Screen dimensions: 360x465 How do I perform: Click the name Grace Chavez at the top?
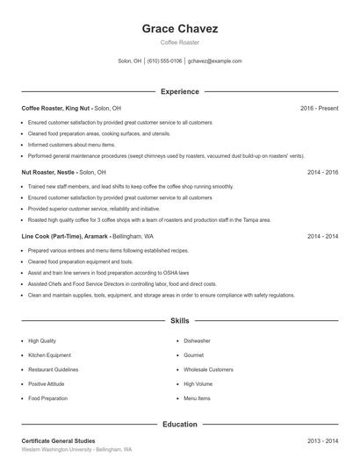tap(180, 28)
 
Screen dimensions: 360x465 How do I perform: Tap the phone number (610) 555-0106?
tap(165, 61)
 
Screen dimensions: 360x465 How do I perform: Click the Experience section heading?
tap(180, 91)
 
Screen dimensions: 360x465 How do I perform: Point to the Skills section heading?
tap(180, 321)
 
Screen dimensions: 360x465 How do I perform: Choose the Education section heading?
tap(180, 425)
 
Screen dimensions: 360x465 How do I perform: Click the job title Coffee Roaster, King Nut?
tap(56, 108)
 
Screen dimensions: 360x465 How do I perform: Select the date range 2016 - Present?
tap(319, 108)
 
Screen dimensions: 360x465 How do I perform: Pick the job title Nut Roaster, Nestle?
tap(49, 172)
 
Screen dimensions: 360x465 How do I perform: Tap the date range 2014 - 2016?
tap(322, 172)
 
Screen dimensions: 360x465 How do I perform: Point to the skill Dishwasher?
tap(197, 340)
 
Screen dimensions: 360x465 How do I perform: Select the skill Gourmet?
tap(194, 355)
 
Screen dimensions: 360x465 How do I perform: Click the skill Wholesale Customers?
tap(208, 369)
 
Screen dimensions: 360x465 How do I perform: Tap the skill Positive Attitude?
tap(47, 384)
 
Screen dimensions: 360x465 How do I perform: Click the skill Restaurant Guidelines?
tap(53, 369)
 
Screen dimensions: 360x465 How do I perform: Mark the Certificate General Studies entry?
tap(58, 440)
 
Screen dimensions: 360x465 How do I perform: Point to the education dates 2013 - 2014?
tap(322, 440)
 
